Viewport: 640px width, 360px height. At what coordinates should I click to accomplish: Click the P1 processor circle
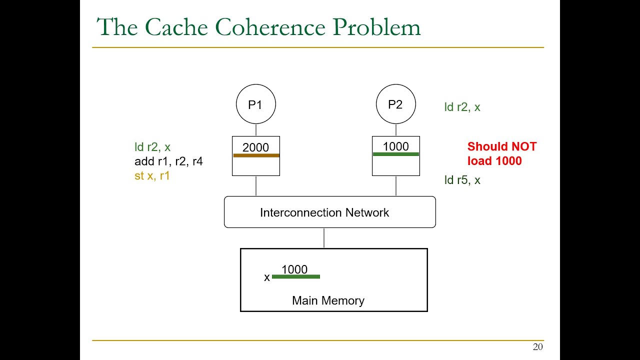click(255, 104)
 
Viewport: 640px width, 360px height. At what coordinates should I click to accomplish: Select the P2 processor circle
click(395, 104)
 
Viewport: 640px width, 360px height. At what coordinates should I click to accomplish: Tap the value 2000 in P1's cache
click(255, 147)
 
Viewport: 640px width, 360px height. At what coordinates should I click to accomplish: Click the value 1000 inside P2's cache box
click(395, 146)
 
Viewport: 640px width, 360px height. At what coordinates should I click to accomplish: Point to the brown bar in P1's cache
click(256, 155)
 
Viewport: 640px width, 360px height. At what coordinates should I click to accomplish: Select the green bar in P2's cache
click(395, 154)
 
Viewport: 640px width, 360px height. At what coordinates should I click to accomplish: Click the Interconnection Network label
click(324, 212)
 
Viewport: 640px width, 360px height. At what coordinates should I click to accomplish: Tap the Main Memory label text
click(328, 300)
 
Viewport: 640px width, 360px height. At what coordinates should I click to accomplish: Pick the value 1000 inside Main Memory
click(294, 269)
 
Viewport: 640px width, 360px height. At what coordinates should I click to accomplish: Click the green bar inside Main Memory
click(295, 276)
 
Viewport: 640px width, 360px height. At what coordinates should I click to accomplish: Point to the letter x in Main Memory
click(267, 277)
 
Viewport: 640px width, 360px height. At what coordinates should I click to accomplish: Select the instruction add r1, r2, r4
click(168, 161)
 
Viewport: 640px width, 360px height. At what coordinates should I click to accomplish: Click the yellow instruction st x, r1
click(152, 176)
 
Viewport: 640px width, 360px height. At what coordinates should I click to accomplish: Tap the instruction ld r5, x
click(462, 180)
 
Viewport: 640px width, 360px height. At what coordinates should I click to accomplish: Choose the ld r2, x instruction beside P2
click(462, 107)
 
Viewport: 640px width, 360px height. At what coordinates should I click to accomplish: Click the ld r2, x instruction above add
click(152, 147)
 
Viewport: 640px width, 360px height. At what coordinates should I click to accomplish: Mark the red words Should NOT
click(501, 146)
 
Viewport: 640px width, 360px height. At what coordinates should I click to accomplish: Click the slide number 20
click(537, 347)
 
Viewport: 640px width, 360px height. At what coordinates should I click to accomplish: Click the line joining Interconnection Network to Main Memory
click(324, 238)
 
